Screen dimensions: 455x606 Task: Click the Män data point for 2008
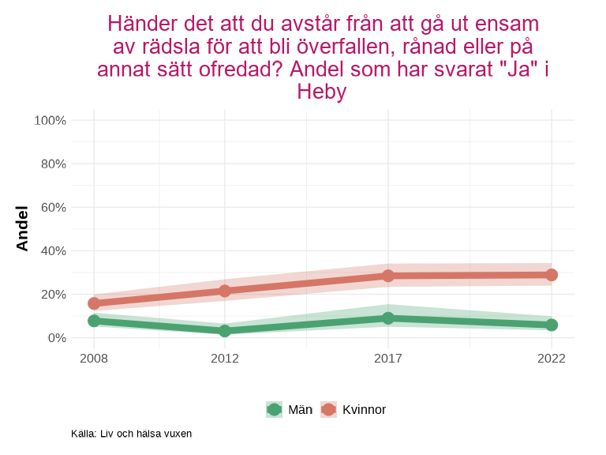[94, 321]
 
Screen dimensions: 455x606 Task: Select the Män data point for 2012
[225, 331]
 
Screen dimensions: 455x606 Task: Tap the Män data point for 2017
[388, 318]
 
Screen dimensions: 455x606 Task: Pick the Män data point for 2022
[552, 325]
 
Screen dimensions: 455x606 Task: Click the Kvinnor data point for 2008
[94, 303]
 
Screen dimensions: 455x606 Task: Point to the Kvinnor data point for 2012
[225, 291]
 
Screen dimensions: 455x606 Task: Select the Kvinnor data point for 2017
[388, 276]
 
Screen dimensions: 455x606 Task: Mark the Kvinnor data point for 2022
[552, 275]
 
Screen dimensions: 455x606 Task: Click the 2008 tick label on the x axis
[94, 359]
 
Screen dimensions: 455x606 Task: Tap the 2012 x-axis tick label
[225, 359]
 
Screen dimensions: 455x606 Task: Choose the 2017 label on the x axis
[388, 359]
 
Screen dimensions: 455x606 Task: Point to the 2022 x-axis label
[552, 359]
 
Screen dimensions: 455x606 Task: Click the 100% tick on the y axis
[50, 120]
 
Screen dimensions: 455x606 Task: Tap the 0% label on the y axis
[56, 337]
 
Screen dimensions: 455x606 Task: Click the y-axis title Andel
[22, 228]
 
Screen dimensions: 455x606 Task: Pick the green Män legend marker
[274, 409]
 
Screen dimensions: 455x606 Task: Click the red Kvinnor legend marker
[328, 409]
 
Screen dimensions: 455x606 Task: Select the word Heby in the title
[321, 92]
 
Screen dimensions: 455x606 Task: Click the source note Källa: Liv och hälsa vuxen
[131, 434]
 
